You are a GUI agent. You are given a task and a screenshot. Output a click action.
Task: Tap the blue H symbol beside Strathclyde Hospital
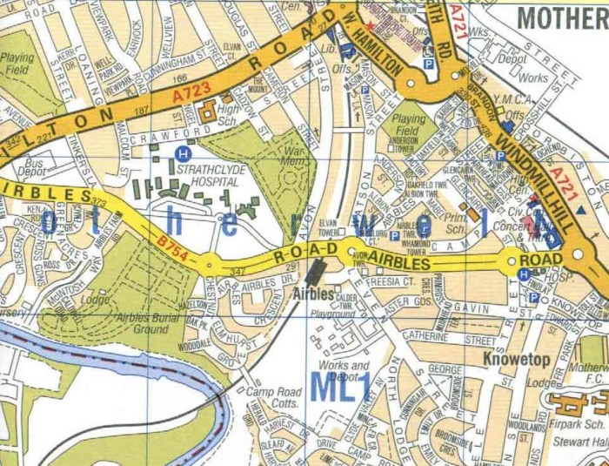182,153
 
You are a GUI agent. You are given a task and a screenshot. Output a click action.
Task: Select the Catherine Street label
448,336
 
